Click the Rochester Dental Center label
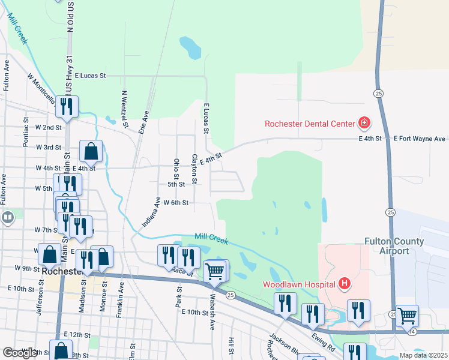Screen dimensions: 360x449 311,124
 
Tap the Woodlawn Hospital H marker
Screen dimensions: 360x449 345,283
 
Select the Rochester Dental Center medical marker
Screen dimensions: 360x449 364,124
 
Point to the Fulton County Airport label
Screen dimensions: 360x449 394,246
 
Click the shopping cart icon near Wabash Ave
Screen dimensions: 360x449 215,271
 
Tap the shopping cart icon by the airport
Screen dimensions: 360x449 408,316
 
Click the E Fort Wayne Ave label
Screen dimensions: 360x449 420,139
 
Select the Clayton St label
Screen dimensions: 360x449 194,169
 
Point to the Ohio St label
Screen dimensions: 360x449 176,169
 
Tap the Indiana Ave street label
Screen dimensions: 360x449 151,212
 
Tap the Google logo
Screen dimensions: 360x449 20,353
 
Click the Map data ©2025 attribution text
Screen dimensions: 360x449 423,355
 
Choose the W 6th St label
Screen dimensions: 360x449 176,203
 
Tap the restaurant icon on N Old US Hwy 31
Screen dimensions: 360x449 65,107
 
